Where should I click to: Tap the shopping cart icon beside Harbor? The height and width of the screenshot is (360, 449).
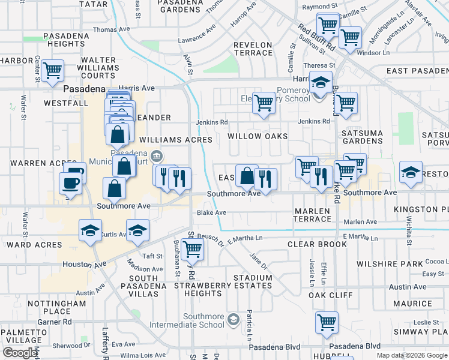53,70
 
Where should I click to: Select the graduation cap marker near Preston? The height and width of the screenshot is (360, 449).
411,172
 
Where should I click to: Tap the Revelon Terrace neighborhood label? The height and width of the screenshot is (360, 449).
253,49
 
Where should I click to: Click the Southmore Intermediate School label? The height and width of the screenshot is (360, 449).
203,321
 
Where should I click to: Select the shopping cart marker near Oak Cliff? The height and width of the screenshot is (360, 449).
327,323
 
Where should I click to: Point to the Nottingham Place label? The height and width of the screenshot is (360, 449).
57,307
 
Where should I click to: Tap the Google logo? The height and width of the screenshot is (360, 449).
20,353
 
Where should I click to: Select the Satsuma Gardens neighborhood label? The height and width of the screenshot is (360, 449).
362,137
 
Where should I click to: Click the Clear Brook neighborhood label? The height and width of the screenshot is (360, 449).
318,245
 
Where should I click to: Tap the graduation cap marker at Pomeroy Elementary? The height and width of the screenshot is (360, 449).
321,82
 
